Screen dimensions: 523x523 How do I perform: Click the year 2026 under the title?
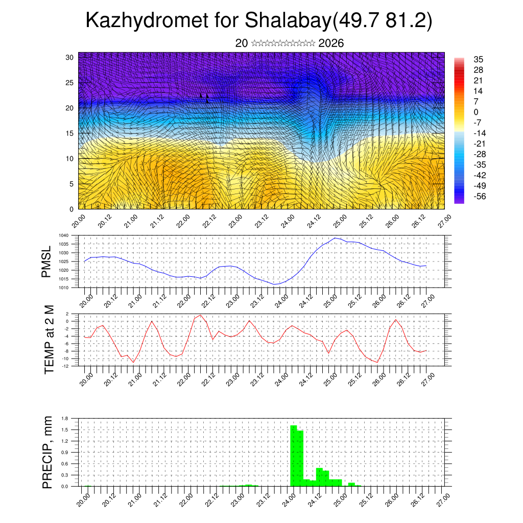(331, 43)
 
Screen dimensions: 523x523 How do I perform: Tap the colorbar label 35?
(479, 59)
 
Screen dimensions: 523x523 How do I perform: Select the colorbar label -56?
(481, 196)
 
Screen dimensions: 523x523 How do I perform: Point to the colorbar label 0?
(477, 112)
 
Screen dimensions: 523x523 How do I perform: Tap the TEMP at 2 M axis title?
(49, 340)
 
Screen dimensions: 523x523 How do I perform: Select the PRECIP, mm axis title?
(47, 451)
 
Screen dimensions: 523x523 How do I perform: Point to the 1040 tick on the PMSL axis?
(63, 235)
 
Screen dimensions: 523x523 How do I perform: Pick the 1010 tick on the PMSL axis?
(63, 288)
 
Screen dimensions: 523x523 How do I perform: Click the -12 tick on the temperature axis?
(65, 366)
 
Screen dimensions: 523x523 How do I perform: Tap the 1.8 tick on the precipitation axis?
(65, 418)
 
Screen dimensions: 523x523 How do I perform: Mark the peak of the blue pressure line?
(335, 238)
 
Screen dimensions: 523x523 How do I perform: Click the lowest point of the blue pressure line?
(275, 284)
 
